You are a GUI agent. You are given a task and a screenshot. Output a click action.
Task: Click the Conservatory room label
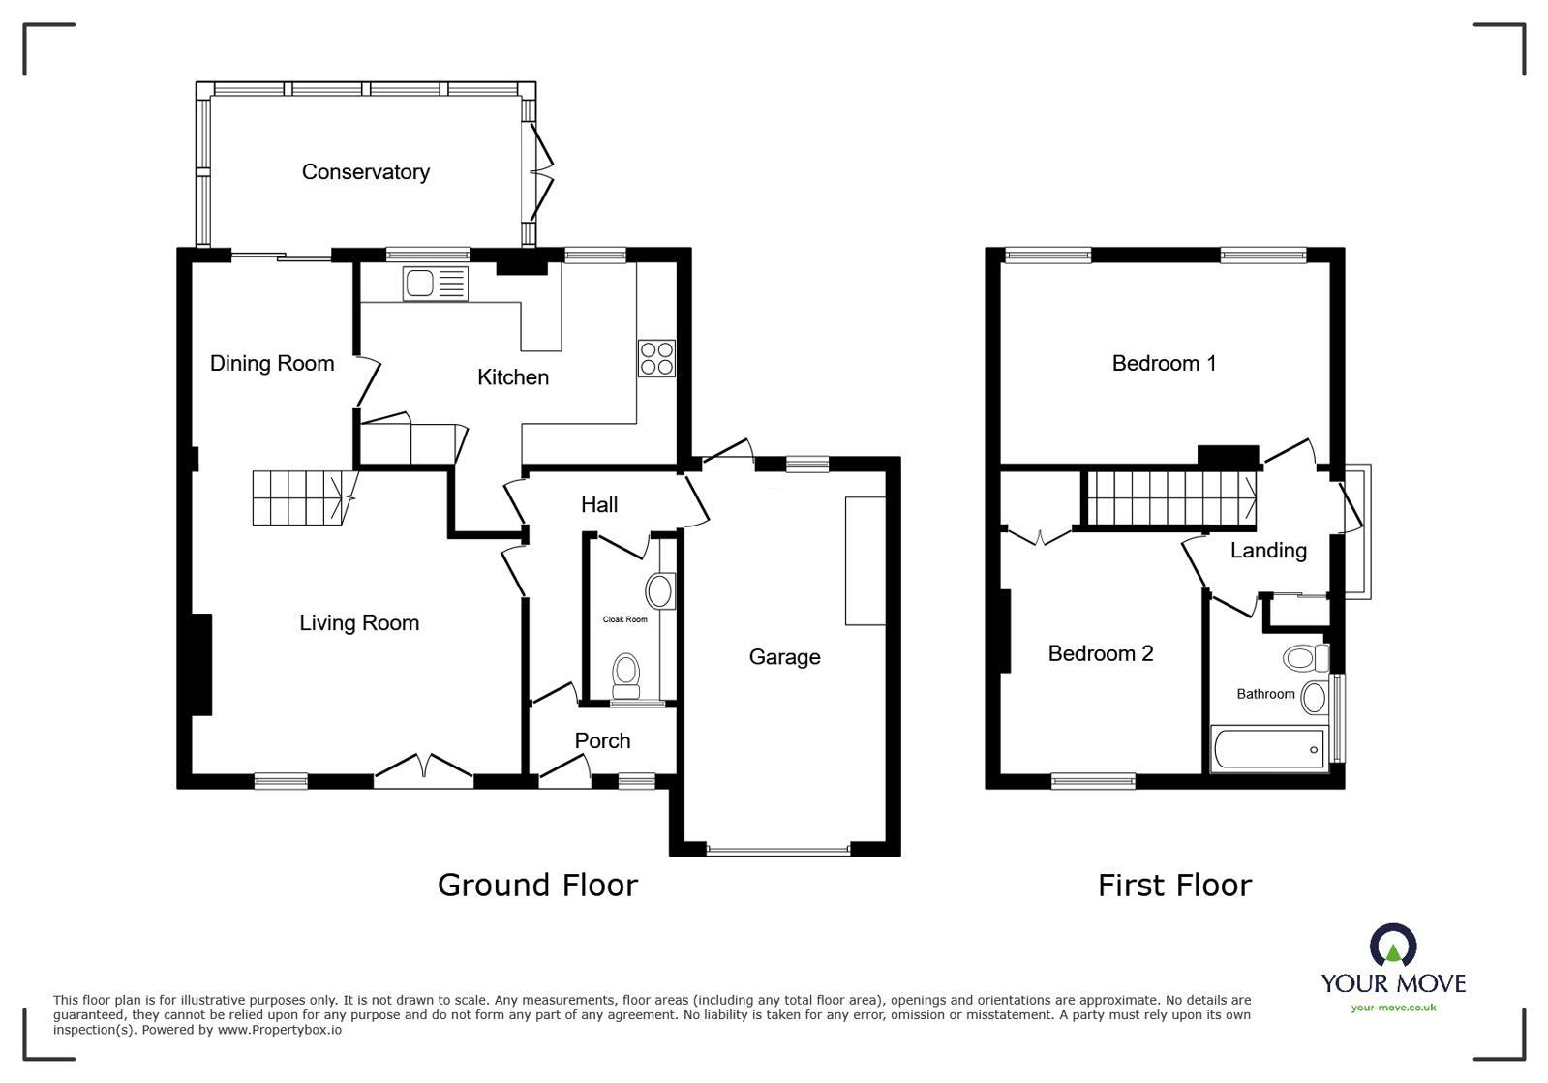tap(365, 172)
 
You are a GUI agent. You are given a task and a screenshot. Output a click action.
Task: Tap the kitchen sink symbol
tap(436, 284)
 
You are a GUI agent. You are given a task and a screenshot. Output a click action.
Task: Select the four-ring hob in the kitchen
tap(656, 358)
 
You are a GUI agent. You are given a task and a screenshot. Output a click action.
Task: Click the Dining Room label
tap(272, 363)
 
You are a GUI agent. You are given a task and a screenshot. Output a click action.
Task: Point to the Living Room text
tap(359, 623)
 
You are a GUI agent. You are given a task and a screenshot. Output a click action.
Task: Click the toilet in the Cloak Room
tap(626, 674)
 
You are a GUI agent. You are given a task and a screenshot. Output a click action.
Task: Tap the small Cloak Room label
tap(624, 619)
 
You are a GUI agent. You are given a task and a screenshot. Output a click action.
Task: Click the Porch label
tap(602, 741)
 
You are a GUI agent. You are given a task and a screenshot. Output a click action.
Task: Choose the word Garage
tap(784, 657)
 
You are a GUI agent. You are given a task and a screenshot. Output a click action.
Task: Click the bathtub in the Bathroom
tap(1269, 750)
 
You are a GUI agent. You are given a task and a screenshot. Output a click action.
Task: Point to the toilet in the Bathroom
tap(1306, 659)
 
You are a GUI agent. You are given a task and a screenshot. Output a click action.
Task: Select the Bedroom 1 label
tap(1164, 364)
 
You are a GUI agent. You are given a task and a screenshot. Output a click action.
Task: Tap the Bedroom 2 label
tap(1101, 654)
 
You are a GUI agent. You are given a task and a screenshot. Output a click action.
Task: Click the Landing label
tap(1268, 551)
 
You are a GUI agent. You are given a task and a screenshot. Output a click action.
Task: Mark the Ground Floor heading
tap(537, 885)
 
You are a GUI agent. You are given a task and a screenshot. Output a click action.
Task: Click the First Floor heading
tap(1174, 885)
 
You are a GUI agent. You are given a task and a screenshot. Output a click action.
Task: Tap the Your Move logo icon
tap(1393, 946)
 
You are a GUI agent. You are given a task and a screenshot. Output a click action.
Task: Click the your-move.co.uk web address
tap(1393, 1008)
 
